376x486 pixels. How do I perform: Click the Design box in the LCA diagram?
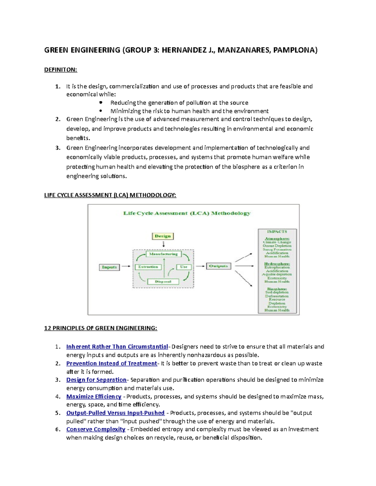point(163,236)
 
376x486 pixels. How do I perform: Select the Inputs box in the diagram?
point(109,267)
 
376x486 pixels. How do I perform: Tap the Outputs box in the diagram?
point(218,266)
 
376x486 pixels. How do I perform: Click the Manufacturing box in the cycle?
point(163,254)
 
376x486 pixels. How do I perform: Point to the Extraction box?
point(148,267)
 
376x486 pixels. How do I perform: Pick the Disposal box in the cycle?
point(163,282)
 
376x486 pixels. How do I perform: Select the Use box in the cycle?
point(184,267)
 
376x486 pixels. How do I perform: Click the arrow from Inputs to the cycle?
point(126,266)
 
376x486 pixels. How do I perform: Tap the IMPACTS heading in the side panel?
point(277,232)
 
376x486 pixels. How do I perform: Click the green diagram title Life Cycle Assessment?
point(187,213)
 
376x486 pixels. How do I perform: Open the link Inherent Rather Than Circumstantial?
point(117,347)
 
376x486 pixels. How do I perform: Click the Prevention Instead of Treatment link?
point(112,363)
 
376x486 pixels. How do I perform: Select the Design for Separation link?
point(96,380)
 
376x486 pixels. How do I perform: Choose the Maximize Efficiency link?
point(94,396)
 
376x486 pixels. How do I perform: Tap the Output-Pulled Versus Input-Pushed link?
point(115,413)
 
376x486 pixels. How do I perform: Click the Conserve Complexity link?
point(96,429)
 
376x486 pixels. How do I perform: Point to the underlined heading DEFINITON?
point(60,70)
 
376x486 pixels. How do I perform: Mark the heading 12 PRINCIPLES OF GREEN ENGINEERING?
point(101,328)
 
